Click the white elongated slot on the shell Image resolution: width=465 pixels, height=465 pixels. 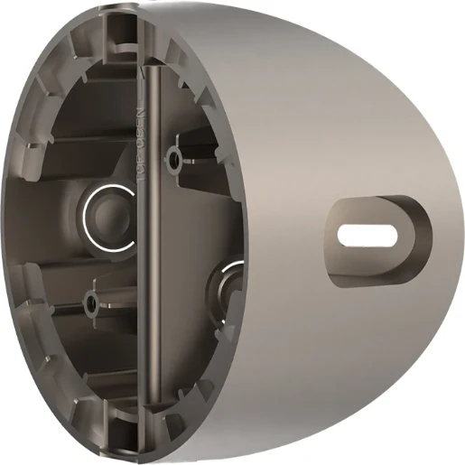coord(369,234)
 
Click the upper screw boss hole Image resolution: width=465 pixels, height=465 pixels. coord(172,160)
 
